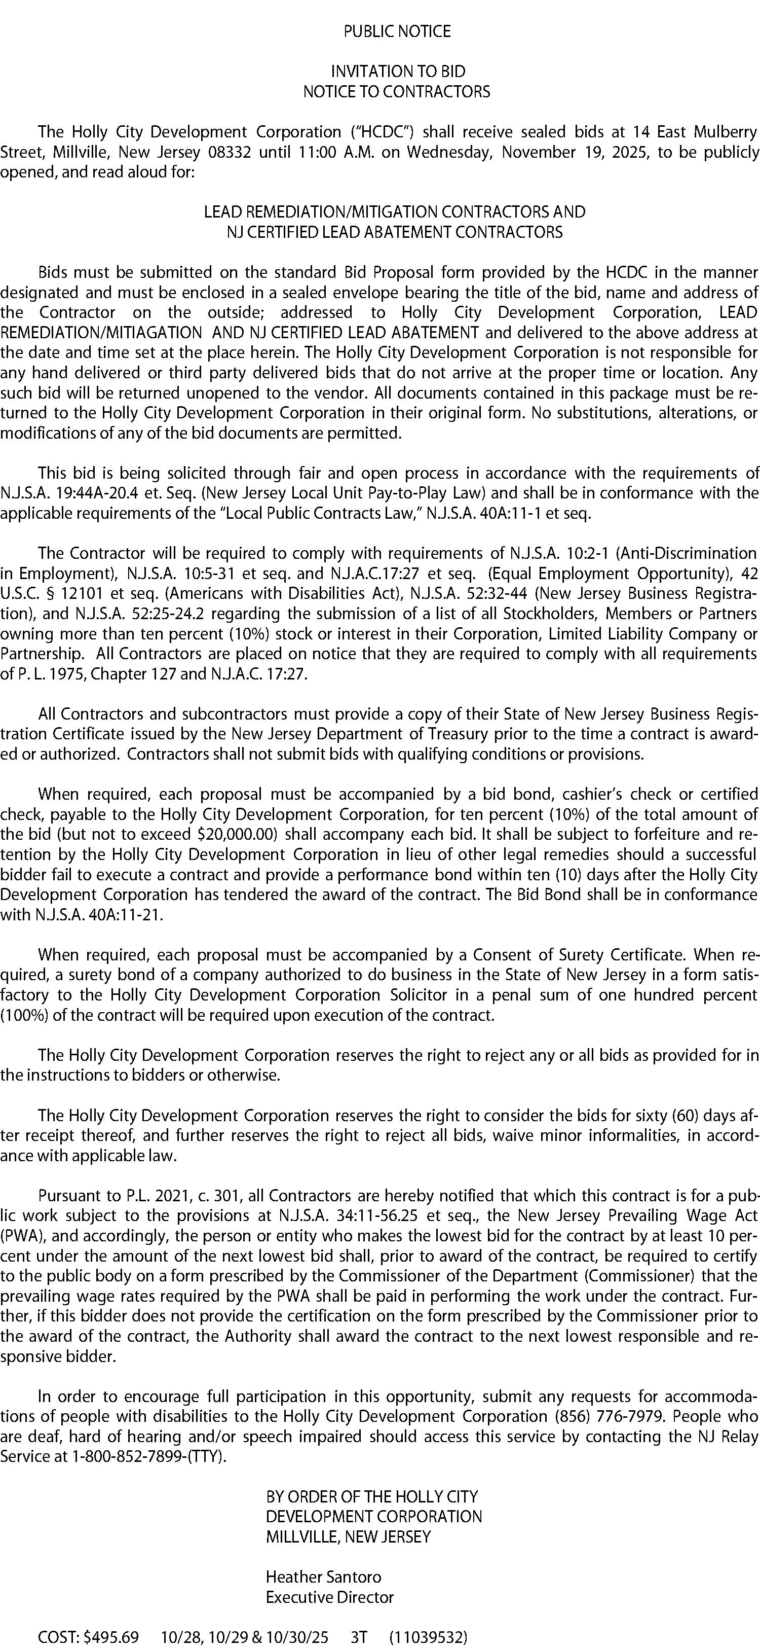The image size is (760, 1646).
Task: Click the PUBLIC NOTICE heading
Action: tap(397, 31)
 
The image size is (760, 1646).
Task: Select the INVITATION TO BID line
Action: tap(397, 71)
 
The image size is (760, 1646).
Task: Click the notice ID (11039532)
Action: tap(428, 1631)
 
